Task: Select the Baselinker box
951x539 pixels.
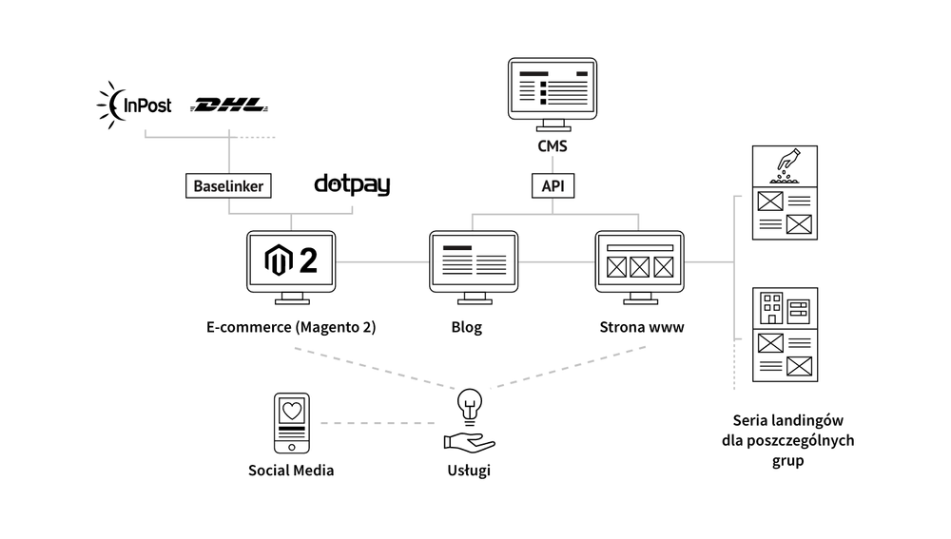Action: (x=228, y=185)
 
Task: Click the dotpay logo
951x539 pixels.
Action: (x=352, y=184)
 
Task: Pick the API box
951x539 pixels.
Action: (x=553, y=185)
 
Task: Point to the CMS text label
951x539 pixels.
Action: (x=553, y=146)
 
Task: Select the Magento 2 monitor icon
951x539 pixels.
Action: (x=291, y=265)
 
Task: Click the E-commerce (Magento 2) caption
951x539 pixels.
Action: (x=291, y=327)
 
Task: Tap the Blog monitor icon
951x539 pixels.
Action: (x=473, y=265)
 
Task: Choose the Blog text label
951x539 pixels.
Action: (x=466, y=327)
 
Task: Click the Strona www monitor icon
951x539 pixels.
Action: (x=639, y=265)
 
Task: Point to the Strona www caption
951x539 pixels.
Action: (x=642, y=327)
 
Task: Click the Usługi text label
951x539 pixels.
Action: (x=468, y=471)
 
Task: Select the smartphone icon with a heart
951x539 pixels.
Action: (x=292, y=423)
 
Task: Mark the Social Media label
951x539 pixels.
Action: (x=291, y=471)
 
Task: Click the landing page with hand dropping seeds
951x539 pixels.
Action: (x=785, y=193)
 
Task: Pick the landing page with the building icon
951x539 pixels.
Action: (x=785, y=334)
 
